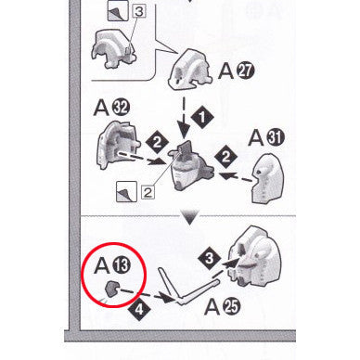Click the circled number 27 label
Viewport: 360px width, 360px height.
tap(246, 71)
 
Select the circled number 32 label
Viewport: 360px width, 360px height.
tap(121, 108)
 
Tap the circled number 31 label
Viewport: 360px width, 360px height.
tap(275, 137)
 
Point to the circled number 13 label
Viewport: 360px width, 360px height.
tap(122, 265)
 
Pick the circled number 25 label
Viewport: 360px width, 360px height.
tap(231, 307)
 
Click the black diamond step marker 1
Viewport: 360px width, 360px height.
tap(202, 118)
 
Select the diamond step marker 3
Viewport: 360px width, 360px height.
tap(210, 258)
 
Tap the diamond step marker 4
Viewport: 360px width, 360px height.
tap(139, 309)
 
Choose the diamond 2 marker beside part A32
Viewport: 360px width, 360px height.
tap(157, 143)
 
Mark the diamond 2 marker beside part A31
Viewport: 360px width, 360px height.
tap(225, 157)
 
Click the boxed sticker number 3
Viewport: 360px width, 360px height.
tap(139, 12)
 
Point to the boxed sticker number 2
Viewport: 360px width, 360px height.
tap(148, 192)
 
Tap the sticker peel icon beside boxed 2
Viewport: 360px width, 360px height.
tap(126, 192)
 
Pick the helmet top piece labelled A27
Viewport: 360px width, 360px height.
tap(189, 70)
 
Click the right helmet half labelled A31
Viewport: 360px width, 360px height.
tap(267, 179)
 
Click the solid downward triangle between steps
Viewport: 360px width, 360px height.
tap(190, 217)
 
